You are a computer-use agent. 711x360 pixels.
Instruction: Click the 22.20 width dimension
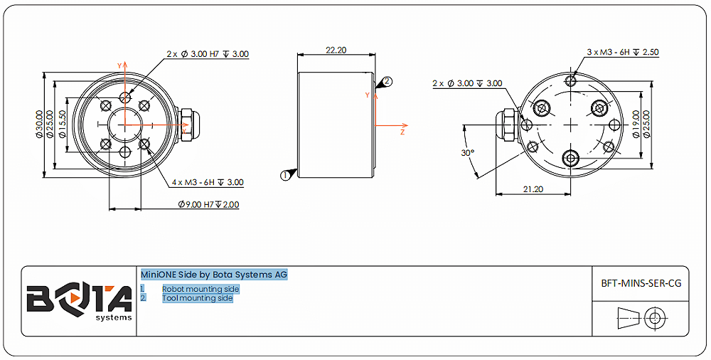point(336,51)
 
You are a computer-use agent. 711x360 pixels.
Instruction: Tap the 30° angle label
point(467,153)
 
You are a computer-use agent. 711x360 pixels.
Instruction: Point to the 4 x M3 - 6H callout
point(208,182)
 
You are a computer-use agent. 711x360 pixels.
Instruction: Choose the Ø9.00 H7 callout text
point(208,204)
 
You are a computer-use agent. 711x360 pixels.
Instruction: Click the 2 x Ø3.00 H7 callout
point(208,54)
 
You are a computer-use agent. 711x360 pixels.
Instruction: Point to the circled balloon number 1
point(285,174)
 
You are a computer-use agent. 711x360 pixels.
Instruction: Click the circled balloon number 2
point(387,82)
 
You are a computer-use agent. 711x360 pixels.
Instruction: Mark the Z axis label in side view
point(402,132)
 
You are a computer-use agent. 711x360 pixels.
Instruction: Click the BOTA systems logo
point(79,301)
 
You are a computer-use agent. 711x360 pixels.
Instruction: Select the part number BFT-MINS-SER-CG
point(641,282)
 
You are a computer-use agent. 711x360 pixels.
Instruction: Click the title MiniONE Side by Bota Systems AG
point(214,275)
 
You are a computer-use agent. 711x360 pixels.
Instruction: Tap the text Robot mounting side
point(201,289)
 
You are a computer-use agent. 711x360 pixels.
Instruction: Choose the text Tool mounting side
point(197,298)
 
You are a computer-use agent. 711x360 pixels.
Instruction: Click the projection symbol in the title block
point(641,317)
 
